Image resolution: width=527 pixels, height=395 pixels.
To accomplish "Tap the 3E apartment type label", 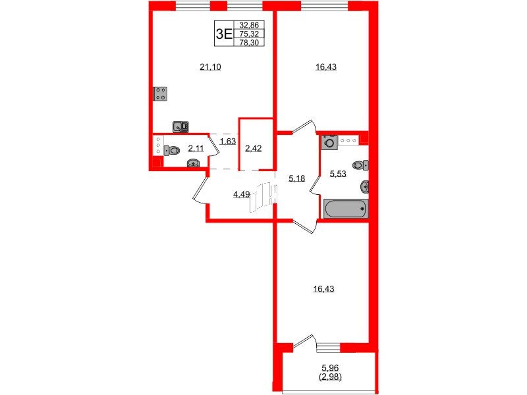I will click(224, 34).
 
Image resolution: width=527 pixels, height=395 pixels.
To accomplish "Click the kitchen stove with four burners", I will click(159, 93).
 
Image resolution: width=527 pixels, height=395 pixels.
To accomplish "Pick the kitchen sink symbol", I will click(180, 127).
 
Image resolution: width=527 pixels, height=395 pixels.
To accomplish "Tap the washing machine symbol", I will click(329, 142).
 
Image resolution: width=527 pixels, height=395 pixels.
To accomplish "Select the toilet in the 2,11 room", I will click(173, 150).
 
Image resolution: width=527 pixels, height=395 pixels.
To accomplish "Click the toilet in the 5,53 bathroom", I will click(360, 165).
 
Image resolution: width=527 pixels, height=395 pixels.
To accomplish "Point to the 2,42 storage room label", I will click(254, 148).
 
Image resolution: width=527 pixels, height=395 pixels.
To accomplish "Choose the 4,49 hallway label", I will click(242, 194).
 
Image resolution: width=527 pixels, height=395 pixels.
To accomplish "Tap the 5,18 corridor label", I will click(298, 177).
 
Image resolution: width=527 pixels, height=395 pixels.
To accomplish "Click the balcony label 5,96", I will click(329, 369).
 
